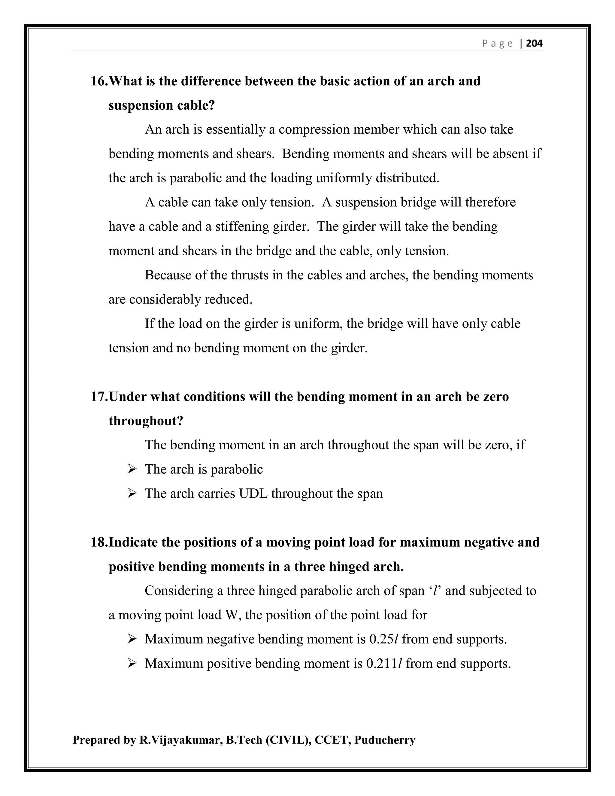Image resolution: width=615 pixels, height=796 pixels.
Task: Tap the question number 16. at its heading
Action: tap(99, 81)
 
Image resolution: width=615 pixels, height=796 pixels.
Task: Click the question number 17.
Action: tap(99, 396)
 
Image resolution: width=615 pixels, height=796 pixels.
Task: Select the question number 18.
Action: tap(99, 542)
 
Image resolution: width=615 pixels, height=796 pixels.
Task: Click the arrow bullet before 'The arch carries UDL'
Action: tap(132, 494)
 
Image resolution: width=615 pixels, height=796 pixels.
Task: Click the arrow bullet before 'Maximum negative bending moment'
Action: tap(132, 639)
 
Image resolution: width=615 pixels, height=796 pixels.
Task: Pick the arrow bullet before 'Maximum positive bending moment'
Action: tap(132, 663)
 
